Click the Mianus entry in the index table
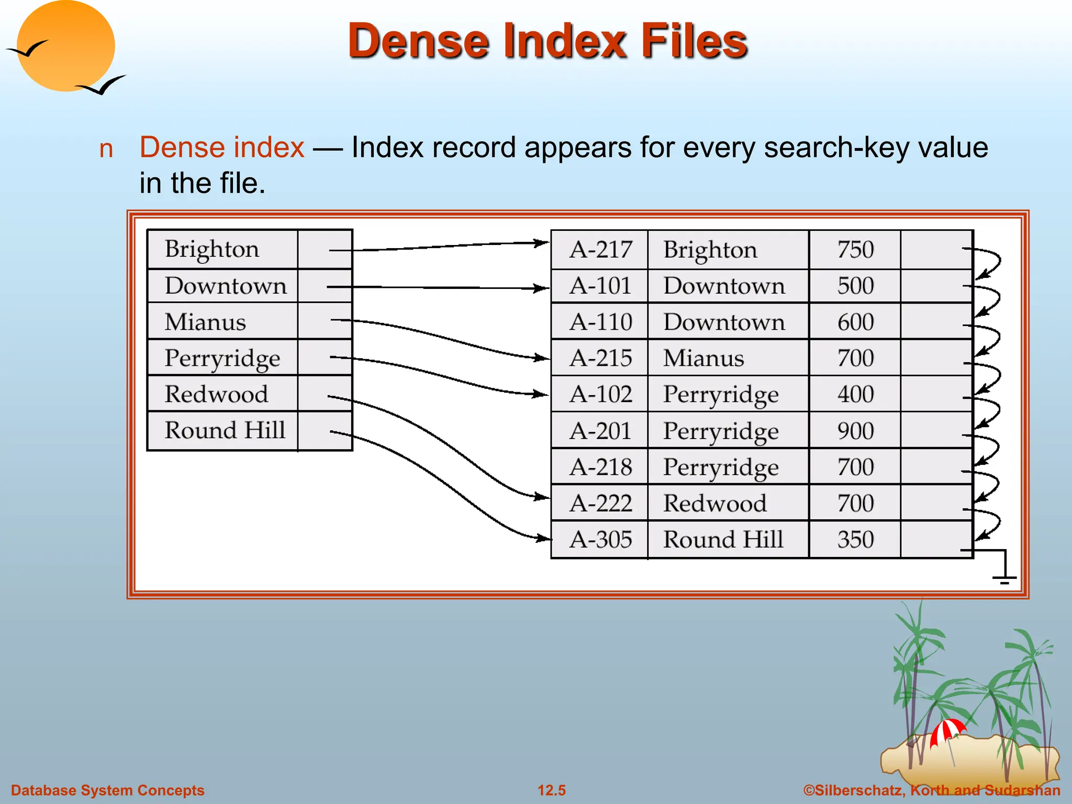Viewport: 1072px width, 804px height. pyautogui.click(x=205, y=322)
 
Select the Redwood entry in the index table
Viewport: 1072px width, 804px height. pyautogui.click(x=216, y=394)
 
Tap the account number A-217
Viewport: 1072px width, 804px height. pyautogui.click(x=600, y=250)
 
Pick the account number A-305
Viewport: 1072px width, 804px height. pyautogui.click(x=600, y=540)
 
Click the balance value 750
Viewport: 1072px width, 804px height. pyautogui.click(x=855, y=250)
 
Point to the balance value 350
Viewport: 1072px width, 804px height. pyautogui.click(x=855, y=540)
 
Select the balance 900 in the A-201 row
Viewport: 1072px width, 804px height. pyautogui.click(x=855, y=431)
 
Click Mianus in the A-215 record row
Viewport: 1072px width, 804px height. pyautogui.click(x=703, y=359)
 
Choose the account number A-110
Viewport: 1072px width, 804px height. pyautogui.click(x=600, y=322)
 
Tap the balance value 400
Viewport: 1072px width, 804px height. pyautogui.click(x=855, y=394)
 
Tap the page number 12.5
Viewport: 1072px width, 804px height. pyautogui.click(x=552, y=790)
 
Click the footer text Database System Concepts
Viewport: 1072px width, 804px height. pyautogui.click(x=108, y=790)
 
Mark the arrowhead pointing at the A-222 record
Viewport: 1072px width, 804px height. pyautogui.click(x=542, y=496)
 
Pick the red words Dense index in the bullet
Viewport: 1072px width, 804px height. pyautogui.click(x=222, y=147)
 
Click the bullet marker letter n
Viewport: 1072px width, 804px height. pyautogui.click(x=106, y=149)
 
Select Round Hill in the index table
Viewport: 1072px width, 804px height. pyautogui.click(x=225, y=430)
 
